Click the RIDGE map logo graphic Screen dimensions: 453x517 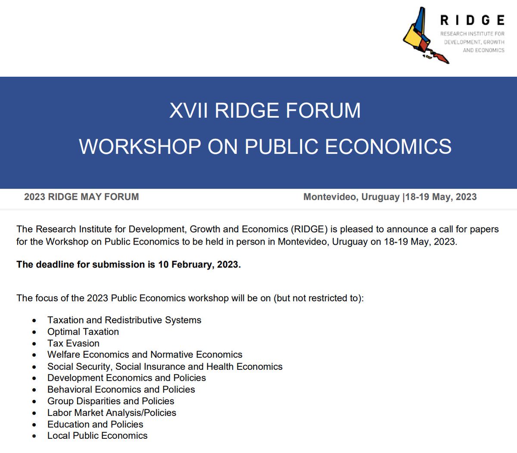pyautogui.click(x=424, y=37)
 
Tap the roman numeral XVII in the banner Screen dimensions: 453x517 pyautogui.click(x=188, y=110)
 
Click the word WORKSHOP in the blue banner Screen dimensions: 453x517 pyautogui.click(x=140, y=147)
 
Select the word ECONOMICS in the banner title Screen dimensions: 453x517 pyautogui.click(x=388, y=147)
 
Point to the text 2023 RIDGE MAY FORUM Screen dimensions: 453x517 pyautogui.click(x=81, y=197)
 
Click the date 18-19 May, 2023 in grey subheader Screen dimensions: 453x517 pyautogui.click(x=441, y=197)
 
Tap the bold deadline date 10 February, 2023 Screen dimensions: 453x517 pyautogui.click(x=199, y=264)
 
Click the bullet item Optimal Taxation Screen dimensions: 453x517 pyautogui.click(x=83, y=332)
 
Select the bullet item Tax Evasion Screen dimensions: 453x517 pyautogui.click(x=73, y=343)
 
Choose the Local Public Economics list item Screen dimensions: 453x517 pyautogui.click(x=97, y=436)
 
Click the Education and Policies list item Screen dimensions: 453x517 pyautogui.click(x=95, y=424)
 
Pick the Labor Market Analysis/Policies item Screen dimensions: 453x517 pyautogui.click(x=112, y=412)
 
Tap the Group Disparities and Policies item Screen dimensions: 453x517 pyautogui.click(x=111, y=401)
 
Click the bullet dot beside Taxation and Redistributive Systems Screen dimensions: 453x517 pyautogui.click(x=34, y=321)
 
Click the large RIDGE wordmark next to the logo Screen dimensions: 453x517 pyautogui.click(x=472, y=20)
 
